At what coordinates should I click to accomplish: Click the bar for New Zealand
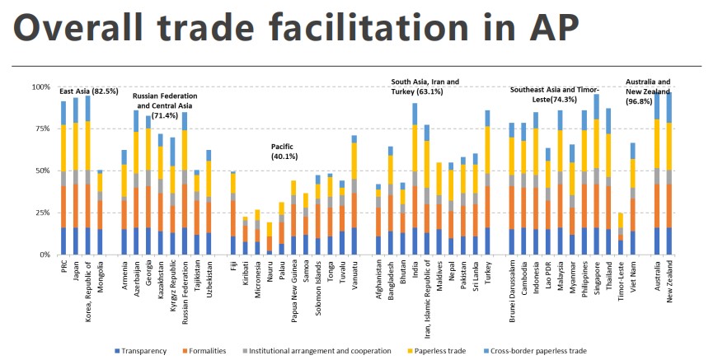[669, 174]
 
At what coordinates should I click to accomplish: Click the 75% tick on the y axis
[40, 129]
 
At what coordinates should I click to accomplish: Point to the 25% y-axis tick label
[40, 213]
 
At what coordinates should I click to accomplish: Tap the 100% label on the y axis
[39, 86]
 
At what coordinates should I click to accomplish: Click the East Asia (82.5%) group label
[88, 91]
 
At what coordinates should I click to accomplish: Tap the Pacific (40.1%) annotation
[287, 151]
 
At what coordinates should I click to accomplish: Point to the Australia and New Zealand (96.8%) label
[648, 86]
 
